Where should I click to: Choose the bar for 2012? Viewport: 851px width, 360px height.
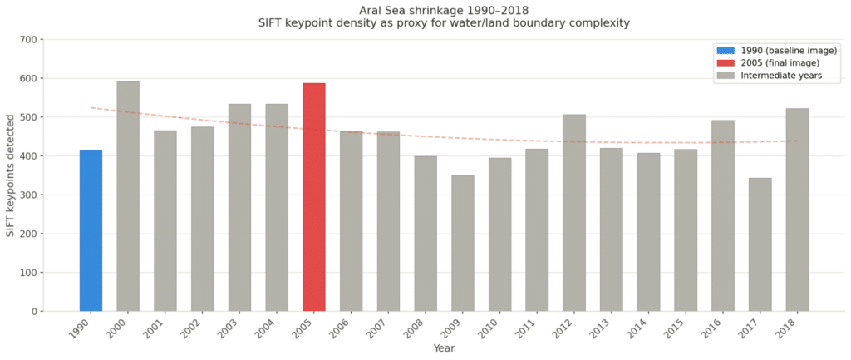[574, 213]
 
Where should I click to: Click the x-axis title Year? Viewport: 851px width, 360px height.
[444, 348]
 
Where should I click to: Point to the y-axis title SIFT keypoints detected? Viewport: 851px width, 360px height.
[11, 175]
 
